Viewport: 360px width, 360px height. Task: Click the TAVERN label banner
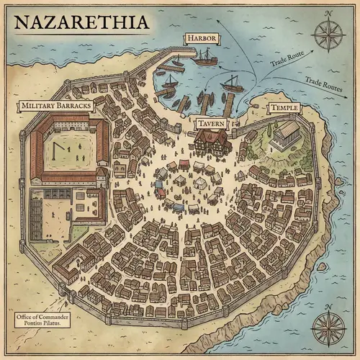[212, 124]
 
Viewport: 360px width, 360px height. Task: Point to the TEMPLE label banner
[282, 108]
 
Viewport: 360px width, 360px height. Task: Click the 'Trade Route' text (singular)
[287, 60]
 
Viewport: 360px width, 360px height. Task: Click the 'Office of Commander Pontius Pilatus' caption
[40, 320]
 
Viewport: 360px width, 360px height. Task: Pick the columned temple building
[286, 135]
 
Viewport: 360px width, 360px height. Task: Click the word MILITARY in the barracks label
[40, 105]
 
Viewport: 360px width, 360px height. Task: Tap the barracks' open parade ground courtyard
[69, 148]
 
